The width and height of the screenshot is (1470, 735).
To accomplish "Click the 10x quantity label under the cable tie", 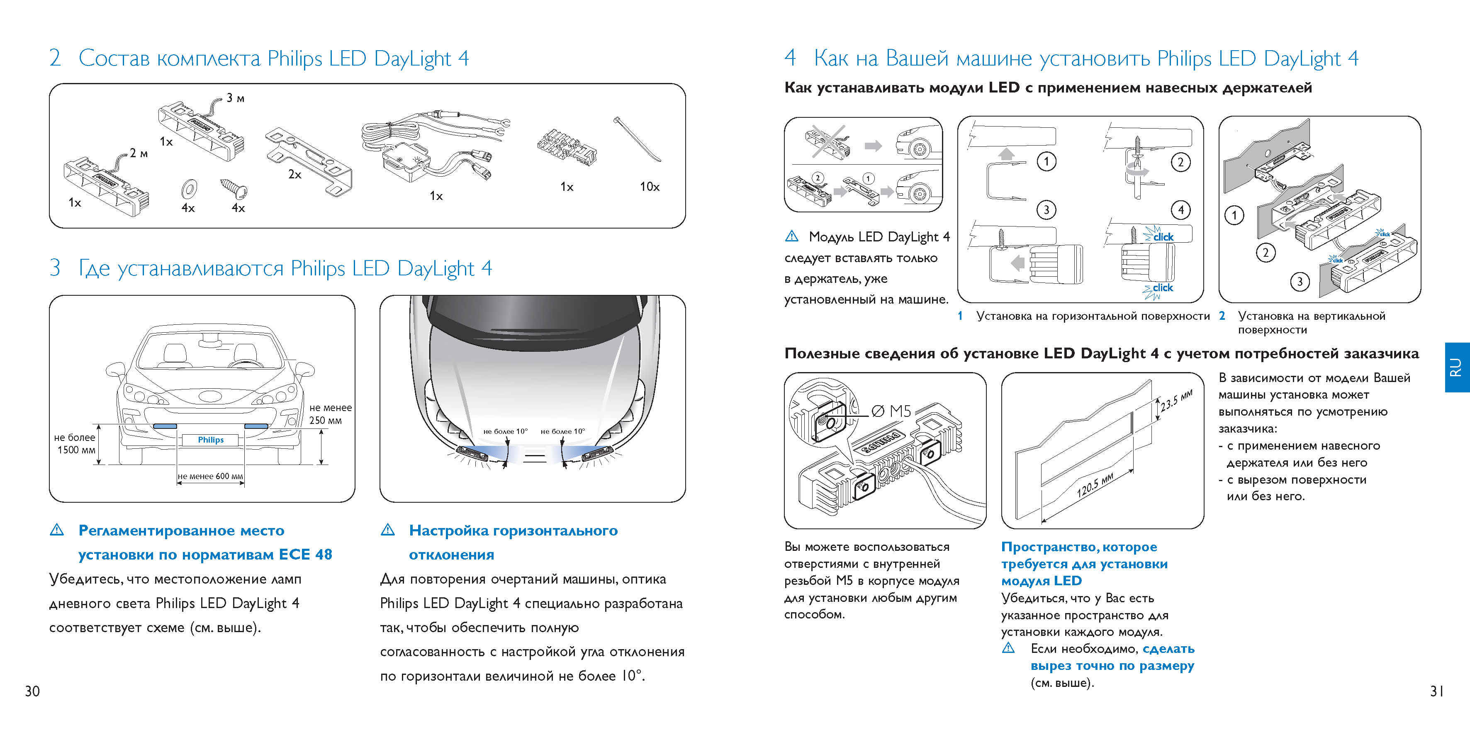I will coord(650,187).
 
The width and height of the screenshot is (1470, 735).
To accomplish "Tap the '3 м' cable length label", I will coord(235,98).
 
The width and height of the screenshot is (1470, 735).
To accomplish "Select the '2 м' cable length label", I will coord(138,153).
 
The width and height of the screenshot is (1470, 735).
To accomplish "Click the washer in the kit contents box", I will coord(188,188).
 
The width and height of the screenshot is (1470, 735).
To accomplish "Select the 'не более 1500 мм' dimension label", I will coord(75,443).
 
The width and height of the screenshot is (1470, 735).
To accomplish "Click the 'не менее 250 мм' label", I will coord(330,414).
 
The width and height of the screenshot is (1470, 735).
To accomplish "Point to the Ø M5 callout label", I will coord(891,411).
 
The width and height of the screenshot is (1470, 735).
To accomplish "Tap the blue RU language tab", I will coord(1456,367).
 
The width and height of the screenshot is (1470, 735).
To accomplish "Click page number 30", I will coord(32,691).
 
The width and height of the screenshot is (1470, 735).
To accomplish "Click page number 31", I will coord(1436,691).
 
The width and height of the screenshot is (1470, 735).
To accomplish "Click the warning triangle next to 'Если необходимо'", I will coord(1008,648).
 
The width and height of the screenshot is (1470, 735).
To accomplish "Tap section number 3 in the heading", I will coord(55,268).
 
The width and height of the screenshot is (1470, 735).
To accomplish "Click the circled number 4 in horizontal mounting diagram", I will coord(1180,210).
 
